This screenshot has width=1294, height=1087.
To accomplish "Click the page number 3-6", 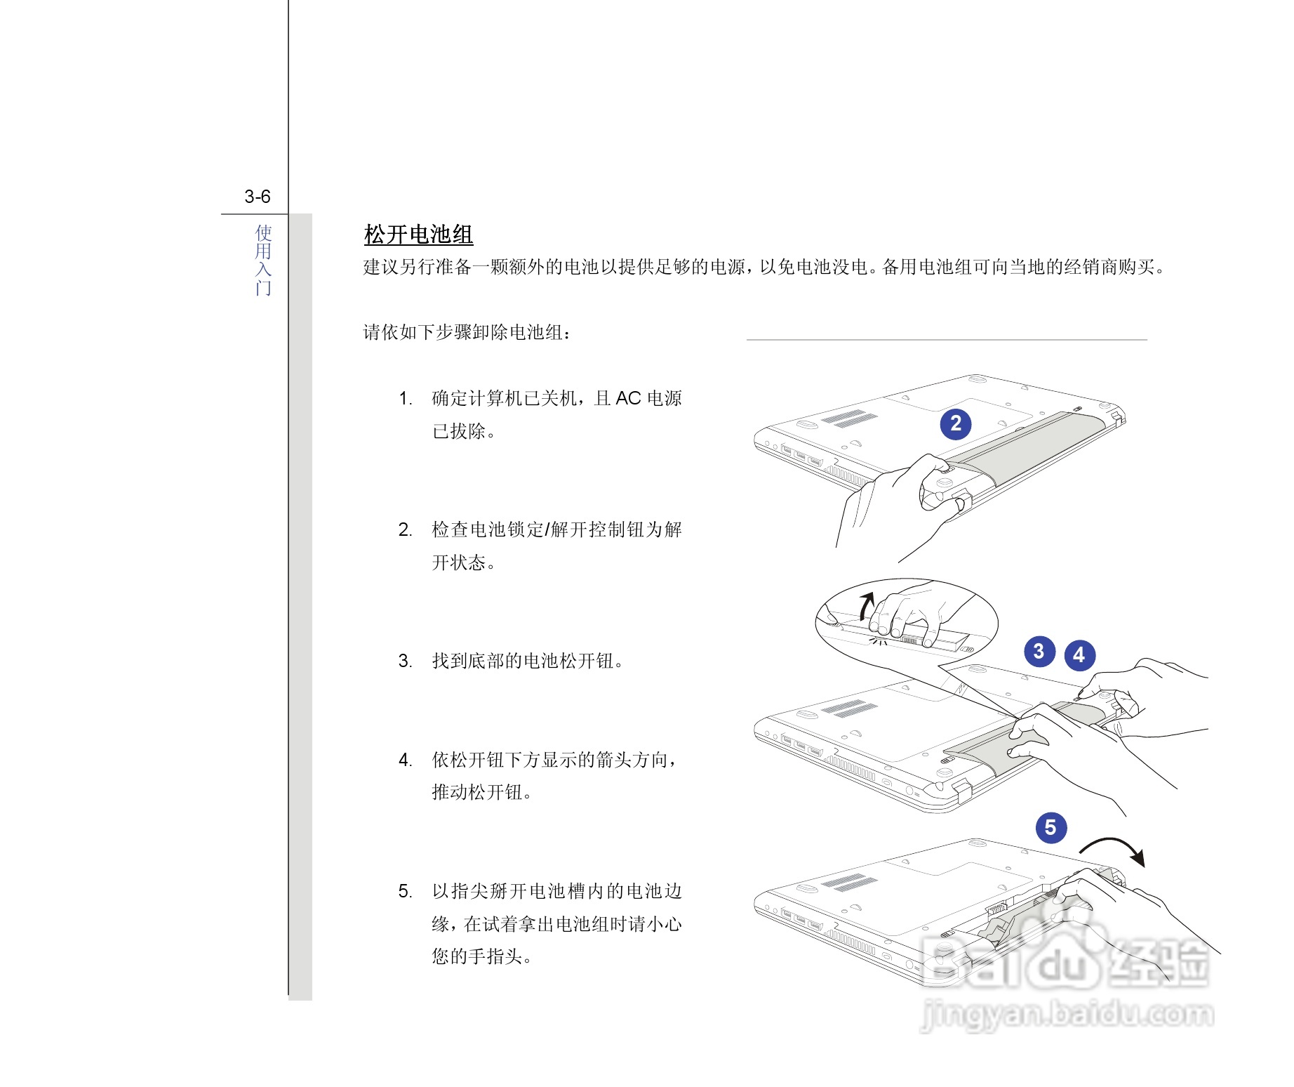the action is coord(257,197).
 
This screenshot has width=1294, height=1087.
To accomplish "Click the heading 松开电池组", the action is coord(418,235).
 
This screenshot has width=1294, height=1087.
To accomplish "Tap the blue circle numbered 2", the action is coord(955,423).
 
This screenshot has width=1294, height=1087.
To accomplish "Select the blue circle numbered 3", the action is coord(1039,651).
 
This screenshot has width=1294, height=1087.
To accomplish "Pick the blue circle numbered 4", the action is coord(1079,655).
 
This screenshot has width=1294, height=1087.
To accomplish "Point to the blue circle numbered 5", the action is coord(1050,827).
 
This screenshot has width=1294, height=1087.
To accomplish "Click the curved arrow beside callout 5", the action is coord(1116,848).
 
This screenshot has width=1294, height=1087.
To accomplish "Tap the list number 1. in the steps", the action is coord(405,399).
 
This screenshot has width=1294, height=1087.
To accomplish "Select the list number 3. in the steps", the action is coord(405,661).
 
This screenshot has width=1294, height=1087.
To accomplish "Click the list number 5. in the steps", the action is coord(405,891).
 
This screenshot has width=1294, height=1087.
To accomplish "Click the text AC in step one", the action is coord(628,399).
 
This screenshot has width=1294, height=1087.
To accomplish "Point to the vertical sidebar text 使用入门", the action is coord(263,260).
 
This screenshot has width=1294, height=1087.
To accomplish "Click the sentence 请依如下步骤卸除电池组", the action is coord(467,332).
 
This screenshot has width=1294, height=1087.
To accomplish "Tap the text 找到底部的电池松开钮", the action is coord(526,661).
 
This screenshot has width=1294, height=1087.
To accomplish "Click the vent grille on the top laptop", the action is coord(849,419).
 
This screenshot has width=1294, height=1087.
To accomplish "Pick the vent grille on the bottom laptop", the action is coord(849,883).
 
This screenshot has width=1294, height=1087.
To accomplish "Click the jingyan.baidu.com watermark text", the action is coord(1067,1015).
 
